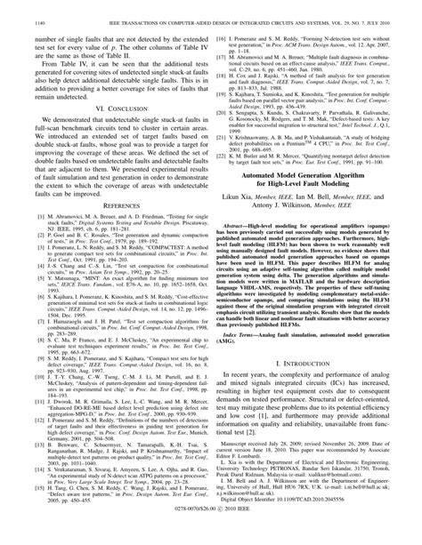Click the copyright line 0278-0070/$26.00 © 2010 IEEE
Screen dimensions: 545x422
point(211,535)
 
